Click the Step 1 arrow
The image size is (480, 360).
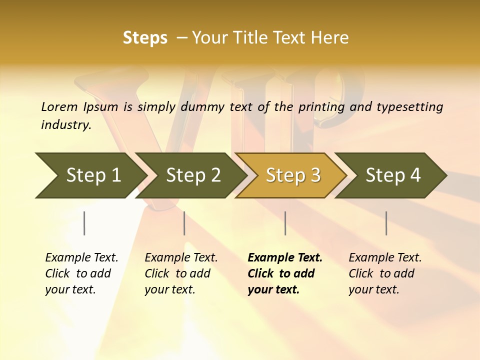coord(92,175)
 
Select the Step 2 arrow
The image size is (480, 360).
coord(192,175)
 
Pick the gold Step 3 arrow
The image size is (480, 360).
coord(292,175)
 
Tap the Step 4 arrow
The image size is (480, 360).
coord(392,175)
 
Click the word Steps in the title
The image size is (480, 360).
coord(145,38)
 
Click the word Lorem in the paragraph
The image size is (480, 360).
coord(59,106)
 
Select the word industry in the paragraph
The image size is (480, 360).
coord(65,125)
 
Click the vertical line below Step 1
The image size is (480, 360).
coord(84,223)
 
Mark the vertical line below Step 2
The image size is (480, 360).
coord(184,223)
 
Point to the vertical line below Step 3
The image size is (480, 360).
coord(285,223)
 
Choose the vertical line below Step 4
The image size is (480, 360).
coord(386,223)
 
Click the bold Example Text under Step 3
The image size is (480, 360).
coord(285,258)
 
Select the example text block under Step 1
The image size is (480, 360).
coord(81,273)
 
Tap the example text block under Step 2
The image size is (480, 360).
coord(181,273)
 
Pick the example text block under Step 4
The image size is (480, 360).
coord(385,273)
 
